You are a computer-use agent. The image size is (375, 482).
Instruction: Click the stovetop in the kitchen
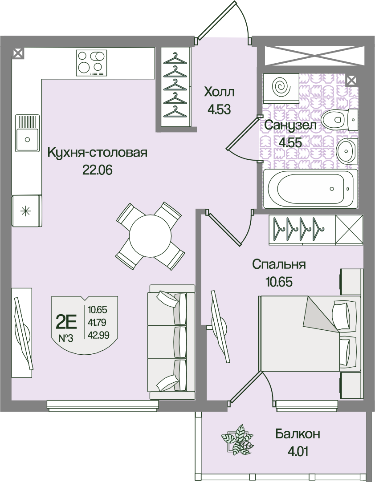pyautogui.click(x=91, y=63)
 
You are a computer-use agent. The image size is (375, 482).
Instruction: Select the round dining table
pyautogui.click(x=150, y=236)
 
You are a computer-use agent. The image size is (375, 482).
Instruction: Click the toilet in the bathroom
pyautogui.click(x=338, y=119)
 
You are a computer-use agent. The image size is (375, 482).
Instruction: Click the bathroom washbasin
pyautogui.click(x=347, y=151)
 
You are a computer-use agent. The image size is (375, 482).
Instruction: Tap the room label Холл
pyautogui.click(x=220, y=92)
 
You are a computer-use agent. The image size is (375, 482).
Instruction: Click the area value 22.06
pyautogui.click(x=97, y=170)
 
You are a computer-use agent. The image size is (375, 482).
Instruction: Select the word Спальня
pyautogui.click(x=279, y=264)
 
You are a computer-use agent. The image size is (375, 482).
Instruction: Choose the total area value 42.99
pyautogui.click(x=99, y=335)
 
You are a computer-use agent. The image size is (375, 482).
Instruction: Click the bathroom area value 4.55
pyautogui.click(x=290, y=142)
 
